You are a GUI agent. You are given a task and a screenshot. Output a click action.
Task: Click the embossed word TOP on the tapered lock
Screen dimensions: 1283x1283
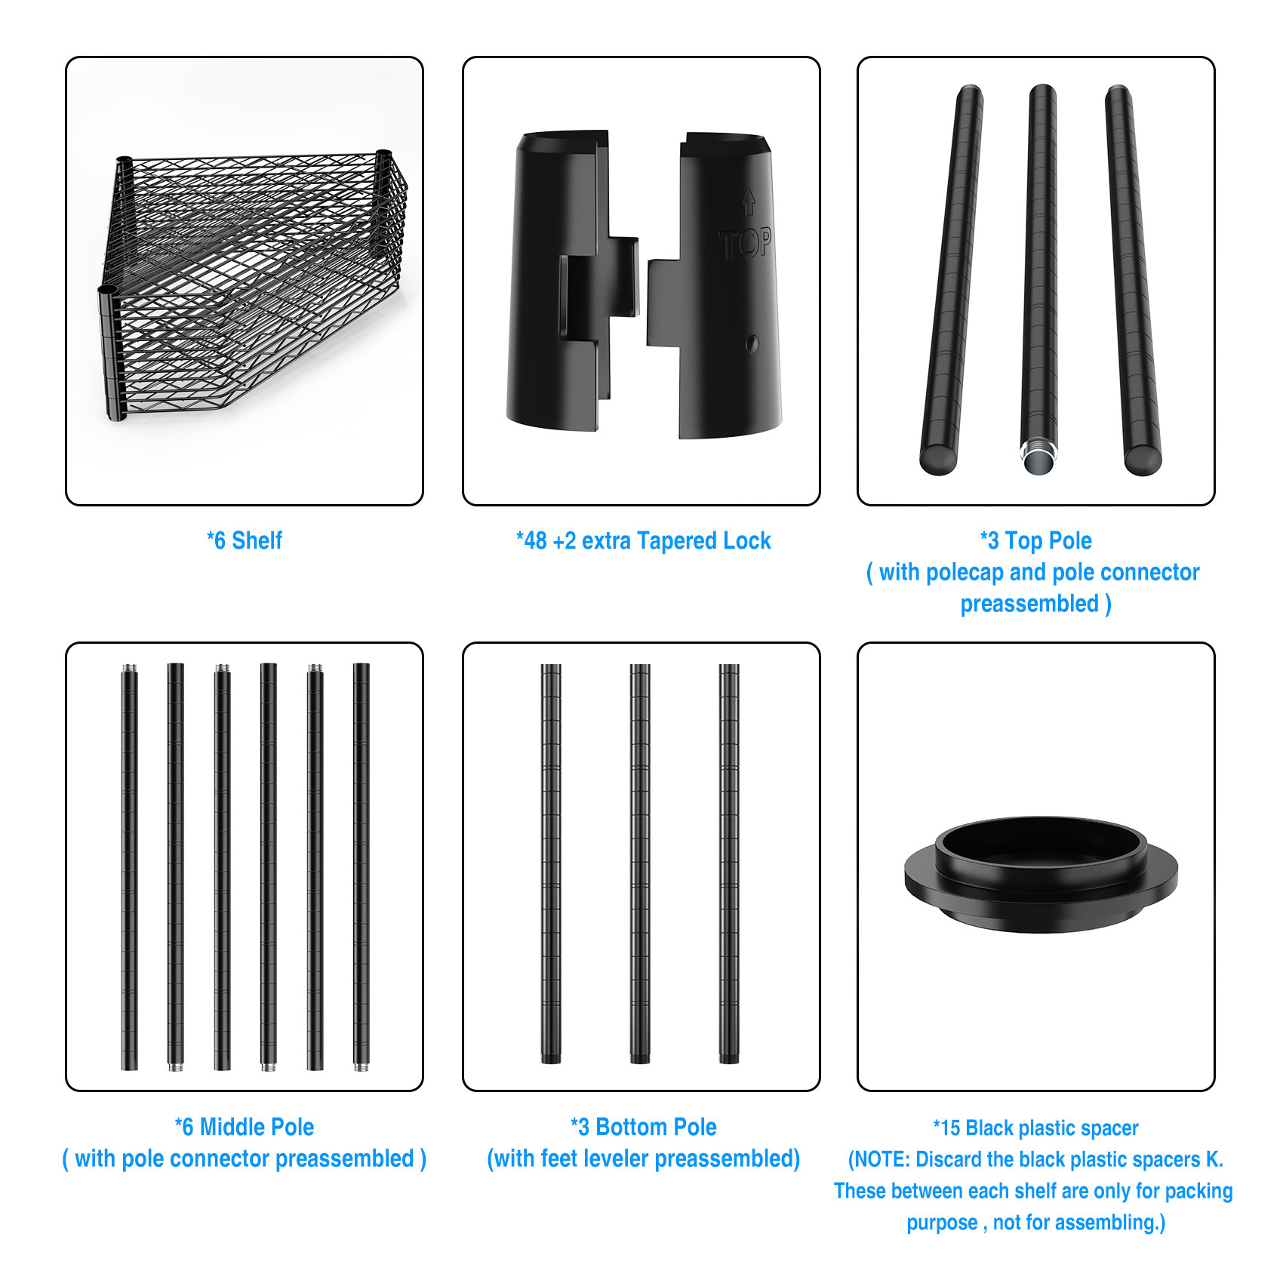point(744,244)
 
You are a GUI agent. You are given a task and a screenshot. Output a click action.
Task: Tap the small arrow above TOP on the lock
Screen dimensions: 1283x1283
point(748,202)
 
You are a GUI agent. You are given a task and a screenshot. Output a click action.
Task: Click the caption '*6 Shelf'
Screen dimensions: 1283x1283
point(245,540)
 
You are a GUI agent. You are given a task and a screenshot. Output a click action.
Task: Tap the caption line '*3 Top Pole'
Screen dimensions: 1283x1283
point(1035,540)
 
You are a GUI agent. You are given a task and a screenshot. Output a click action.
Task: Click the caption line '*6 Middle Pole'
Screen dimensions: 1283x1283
point(245,1127)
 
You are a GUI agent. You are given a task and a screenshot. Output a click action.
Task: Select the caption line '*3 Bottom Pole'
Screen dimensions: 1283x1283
point(643,1127)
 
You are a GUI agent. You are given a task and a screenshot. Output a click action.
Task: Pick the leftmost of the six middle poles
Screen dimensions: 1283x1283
point(130,866)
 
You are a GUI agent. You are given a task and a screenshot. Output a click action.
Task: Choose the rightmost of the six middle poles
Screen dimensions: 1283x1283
point(362,867)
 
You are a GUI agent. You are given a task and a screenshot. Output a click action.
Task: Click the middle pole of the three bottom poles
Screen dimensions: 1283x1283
point(640,864)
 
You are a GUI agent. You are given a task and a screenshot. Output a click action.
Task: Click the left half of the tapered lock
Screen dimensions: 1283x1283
point(571,281)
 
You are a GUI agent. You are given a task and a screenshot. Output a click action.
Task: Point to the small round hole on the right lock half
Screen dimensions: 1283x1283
point(752,343)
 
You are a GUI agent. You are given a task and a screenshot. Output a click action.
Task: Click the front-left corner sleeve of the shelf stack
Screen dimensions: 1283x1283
point(112,352)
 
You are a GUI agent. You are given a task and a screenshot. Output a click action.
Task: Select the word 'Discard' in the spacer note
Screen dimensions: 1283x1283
point(948,1159)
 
